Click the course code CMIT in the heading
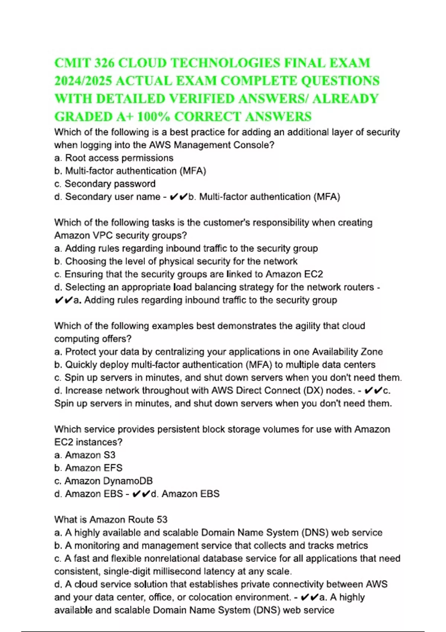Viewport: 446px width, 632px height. [x=72, y=63]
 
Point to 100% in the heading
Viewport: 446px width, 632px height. [x=153, y=116]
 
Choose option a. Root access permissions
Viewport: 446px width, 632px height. [x=114, y=158]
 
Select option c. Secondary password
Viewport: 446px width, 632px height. [x=105, y=184]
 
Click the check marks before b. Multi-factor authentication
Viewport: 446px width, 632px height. [x=178, y=197]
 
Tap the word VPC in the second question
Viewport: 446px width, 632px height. [x=100, y=235]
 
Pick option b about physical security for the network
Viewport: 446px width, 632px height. [x=176, y=261]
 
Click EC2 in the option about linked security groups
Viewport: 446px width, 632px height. [x=313, y=274]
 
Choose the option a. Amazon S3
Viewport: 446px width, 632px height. [x=85, y=455]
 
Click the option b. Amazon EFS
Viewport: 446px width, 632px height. [x=88, y=468]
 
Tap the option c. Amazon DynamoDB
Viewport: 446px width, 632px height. [x=103, y=481]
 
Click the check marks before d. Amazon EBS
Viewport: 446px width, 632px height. [x=141, y=494]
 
